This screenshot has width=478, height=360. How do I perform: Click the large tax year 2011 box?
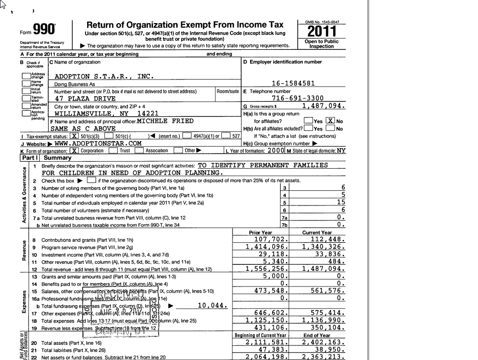point(322,31)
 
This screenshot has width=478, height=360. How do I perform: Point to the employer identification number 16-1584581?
point(293,84)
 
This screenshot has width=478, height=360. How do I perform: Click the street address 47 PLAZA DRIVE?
point(85,99)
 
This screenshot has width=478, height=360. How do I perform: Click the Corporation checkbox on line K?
point(74,150)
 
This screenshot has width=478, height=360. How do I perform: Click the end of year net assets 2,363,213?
point(324,357)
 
